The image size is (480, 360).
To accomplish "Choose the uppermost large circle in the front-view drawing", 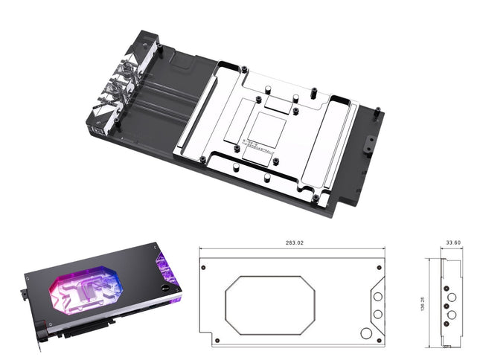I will coord(377,297).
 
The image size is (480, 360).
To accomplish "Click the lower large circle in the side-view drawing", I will coord(451,315).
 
